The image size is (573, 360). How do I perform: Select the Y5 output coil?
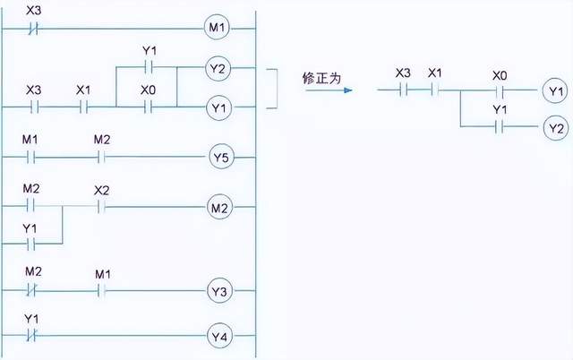coord(219,159)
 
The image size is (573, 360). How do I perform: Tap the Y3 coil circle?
coord(219,291)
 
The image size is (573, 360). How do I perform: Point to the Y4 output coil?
coord(219,338)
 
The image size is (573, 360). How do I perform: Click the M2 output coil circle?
coord(219,209)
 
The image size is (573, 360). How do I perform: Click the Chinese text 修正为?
coord(321,79)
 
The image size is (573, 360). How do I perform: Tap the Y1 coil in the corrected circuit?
coord(555,90)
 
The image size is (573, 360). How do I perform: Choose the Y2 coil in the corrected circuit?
coord(555,128)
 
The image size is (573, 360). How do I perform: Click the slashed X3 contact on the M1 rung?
coord(33,28)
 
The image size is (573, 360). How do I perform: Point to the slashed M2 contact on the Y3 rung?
coord(33,291)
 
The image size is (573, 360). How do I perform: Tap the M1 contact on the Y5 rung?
coord(32,159)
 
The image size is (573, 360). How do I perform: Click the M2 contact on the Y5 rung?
coord(100,159)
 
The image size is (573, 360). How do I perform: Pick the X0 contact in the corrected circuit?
coord(500,90)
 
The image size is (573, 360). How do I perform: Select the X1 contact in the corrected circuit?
coord(435,90)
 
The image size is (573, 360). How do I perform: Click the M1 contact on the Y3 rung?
coord(100,291)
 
